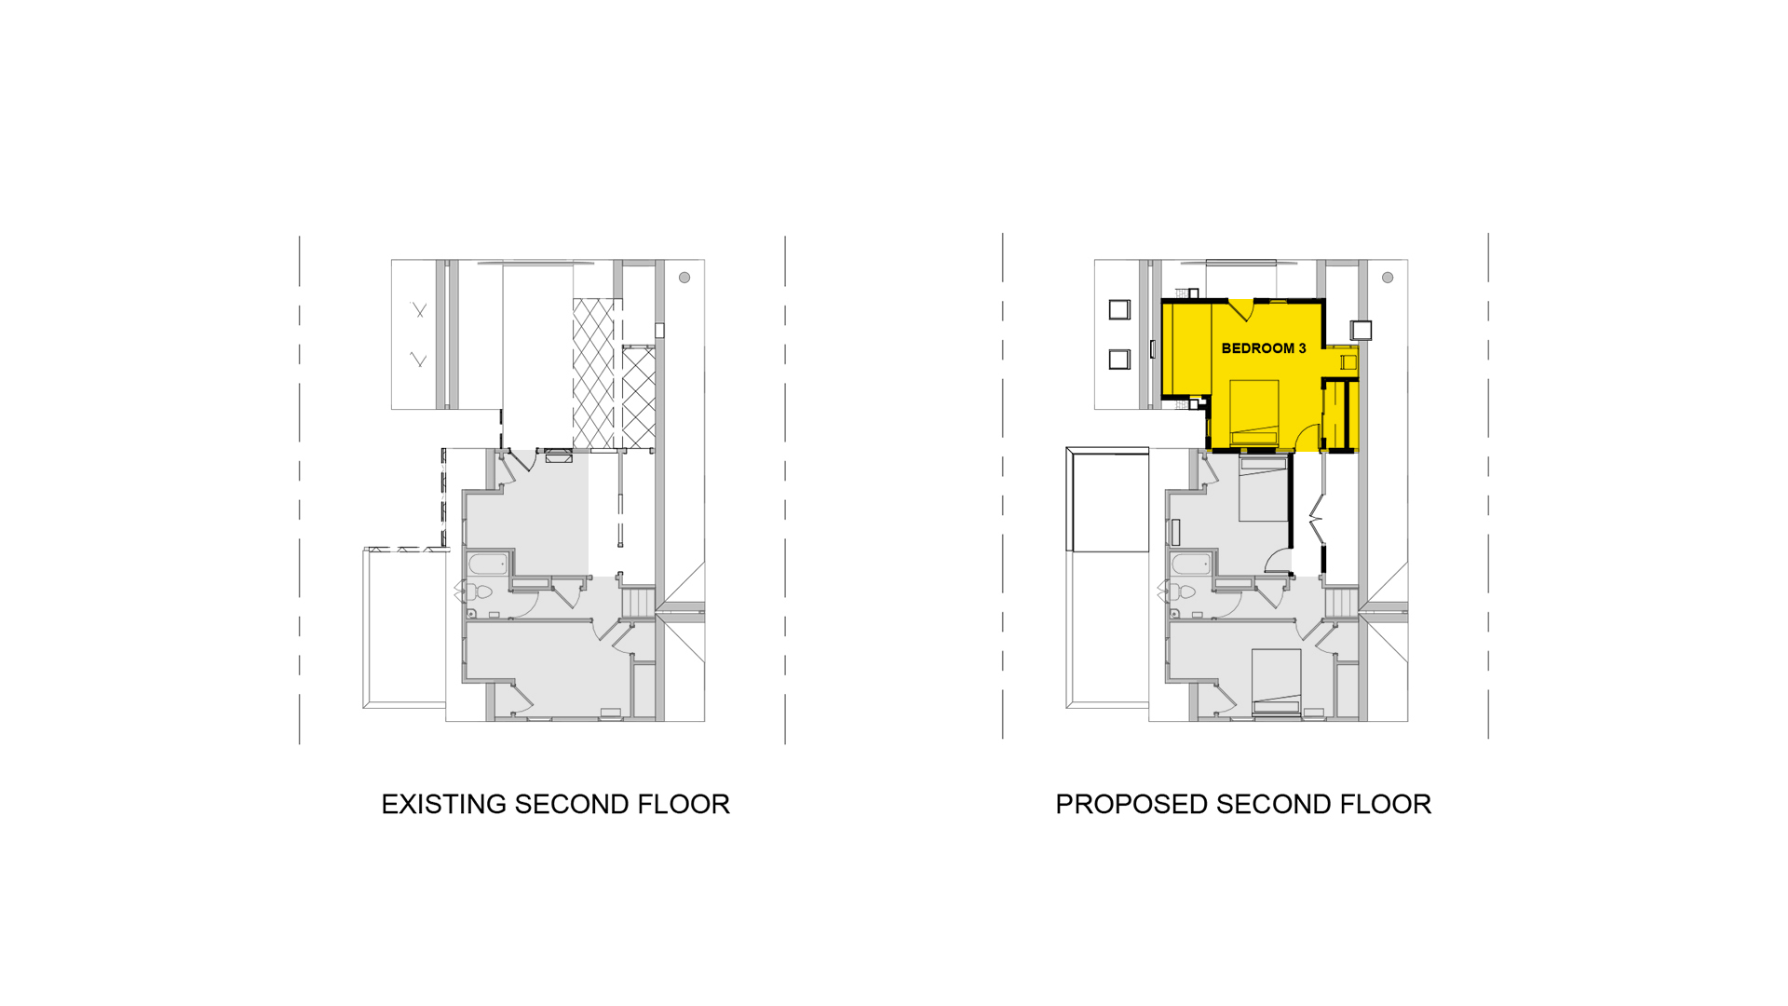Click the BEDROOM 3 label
1263,348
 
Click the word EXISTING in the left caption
444,804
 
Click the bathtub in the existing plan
488,564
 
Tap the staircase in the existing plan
639,602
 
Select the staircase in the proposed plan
1342,602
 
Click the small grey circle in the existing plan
684,278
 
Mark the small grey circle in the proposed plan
1388,278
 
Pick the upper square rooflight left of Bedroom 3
1119,309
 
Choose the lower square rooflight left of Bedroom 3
1119,360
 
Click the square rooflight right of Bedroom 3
1361,330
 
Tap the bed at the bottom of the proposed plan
1276,682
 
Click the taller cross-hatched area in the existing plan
593,374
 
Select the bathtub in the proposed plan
1191,564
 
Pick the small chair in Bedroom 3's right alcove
1348,362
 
